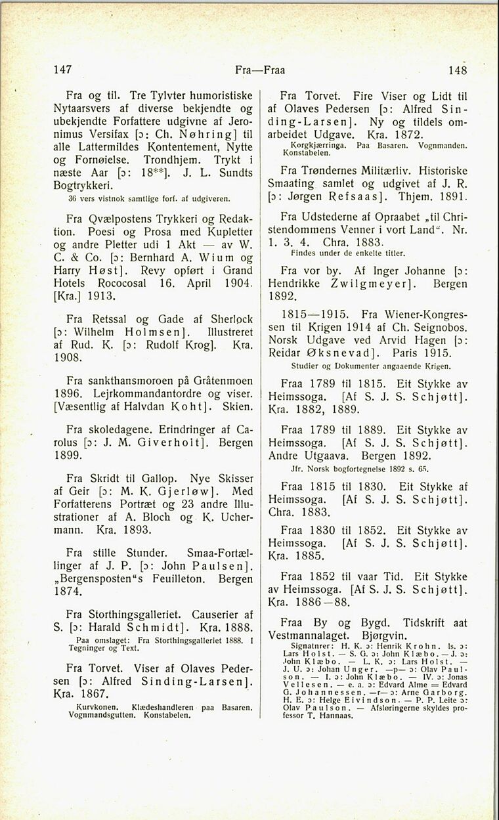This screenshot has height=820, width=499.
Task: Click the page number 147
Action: pyautogui.click(x=62, y=69)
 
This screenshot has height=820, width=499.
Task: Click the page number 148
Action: pyautogui.click(x=458, y=70)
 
